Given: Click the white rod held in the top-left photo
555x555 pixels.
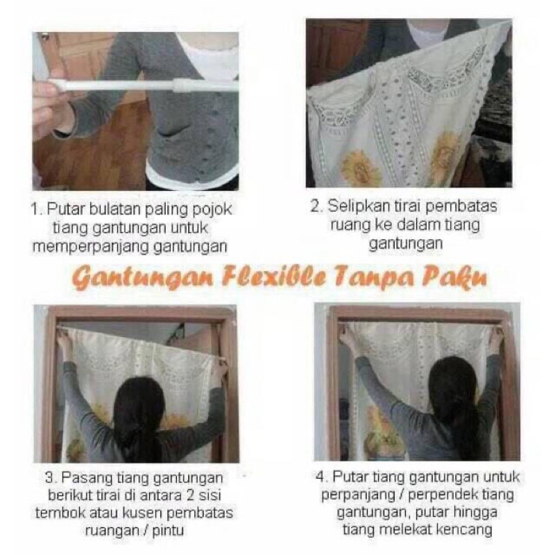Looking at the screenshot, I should click(139, 86).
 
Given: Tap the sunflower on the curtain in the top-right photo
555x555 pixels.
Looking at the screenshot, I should click(361, 168).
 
